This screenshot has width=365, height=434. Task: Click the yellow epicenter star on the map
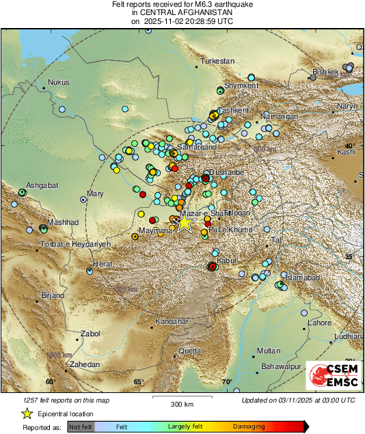click(184, 223)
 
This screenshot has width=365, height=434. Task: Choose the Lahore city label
click(319, 323)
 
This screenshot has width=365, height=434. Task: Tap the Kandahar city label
click(171, 321)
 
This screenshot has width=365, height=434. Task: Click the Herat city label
click(103, 263)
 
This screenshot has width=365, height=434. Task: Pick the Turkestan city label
click(217, 62)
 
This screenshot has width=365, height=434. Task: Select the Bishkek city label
click(325, 72)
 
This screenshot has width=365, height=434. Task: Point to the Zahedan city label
click(85, 365)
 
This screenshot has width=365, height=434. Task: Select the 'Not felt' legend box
click(80, 427)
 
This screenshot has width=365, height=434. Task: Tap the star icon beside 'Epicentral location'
click(27, 413)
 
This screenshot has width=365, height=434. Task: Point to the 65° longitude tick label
click(139, 382)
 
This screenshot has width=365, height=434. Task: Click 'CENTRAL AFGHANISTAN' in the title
click(182, 12)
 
